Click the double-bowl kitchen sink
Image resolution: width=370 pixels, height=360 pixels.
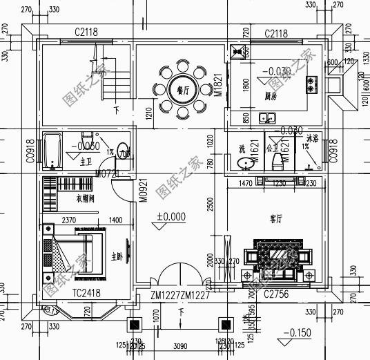tap(267, 118)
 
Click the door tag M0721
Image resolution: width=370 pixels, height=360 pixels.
tap(107, 171)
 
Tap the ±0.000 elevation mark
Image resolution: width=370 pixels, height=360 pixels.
tap(172, 216)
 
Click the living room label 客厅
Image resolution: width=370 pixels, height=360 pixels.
tap(277, 218)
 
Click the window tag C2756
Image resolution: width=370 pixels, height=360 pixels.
tap(276, 293)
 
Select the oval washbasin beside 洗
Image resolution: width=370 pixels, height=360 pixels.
tap(245, 163)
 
